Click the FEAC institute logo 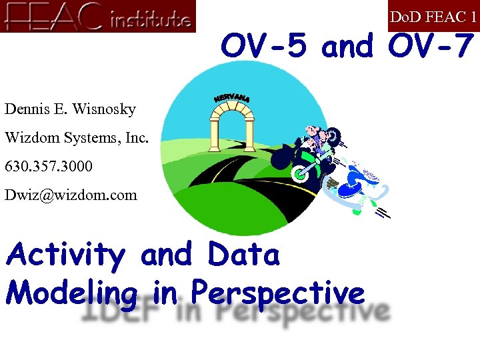[98, 16]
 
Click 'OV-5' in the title [265, 46]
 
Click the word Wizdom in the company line [31, 138]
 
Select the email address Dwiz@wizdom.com [71, 195]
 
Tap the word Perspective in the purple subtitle [278, 293]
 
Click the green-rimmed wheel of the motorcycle [302, 173]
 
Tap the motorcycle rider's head [313, 133]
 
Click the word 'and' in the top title [347, 46]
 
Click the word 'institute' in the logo [149, 20]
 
